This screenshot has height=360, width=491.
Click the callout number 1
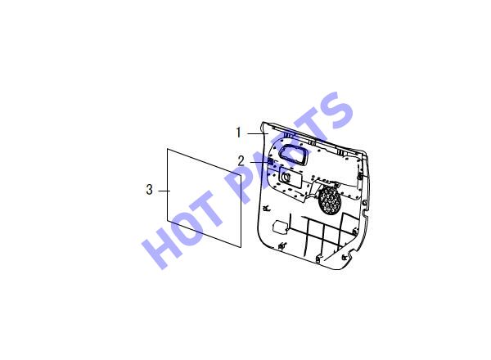239,133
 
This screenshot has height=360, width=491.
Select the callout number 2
241,161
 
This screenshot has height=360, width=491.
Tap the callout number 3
150,190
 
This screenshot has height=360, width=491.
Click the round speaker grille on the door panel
330,200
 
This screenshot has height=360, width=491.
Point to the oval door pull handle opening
293,154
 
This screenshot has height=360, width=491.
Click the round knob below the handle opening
286,177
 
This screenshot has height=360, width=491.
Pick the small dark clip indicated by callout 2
270,162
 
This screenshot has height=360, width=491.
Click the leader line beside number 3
164,191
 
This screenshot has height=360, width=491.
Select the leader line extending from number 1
258,133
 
